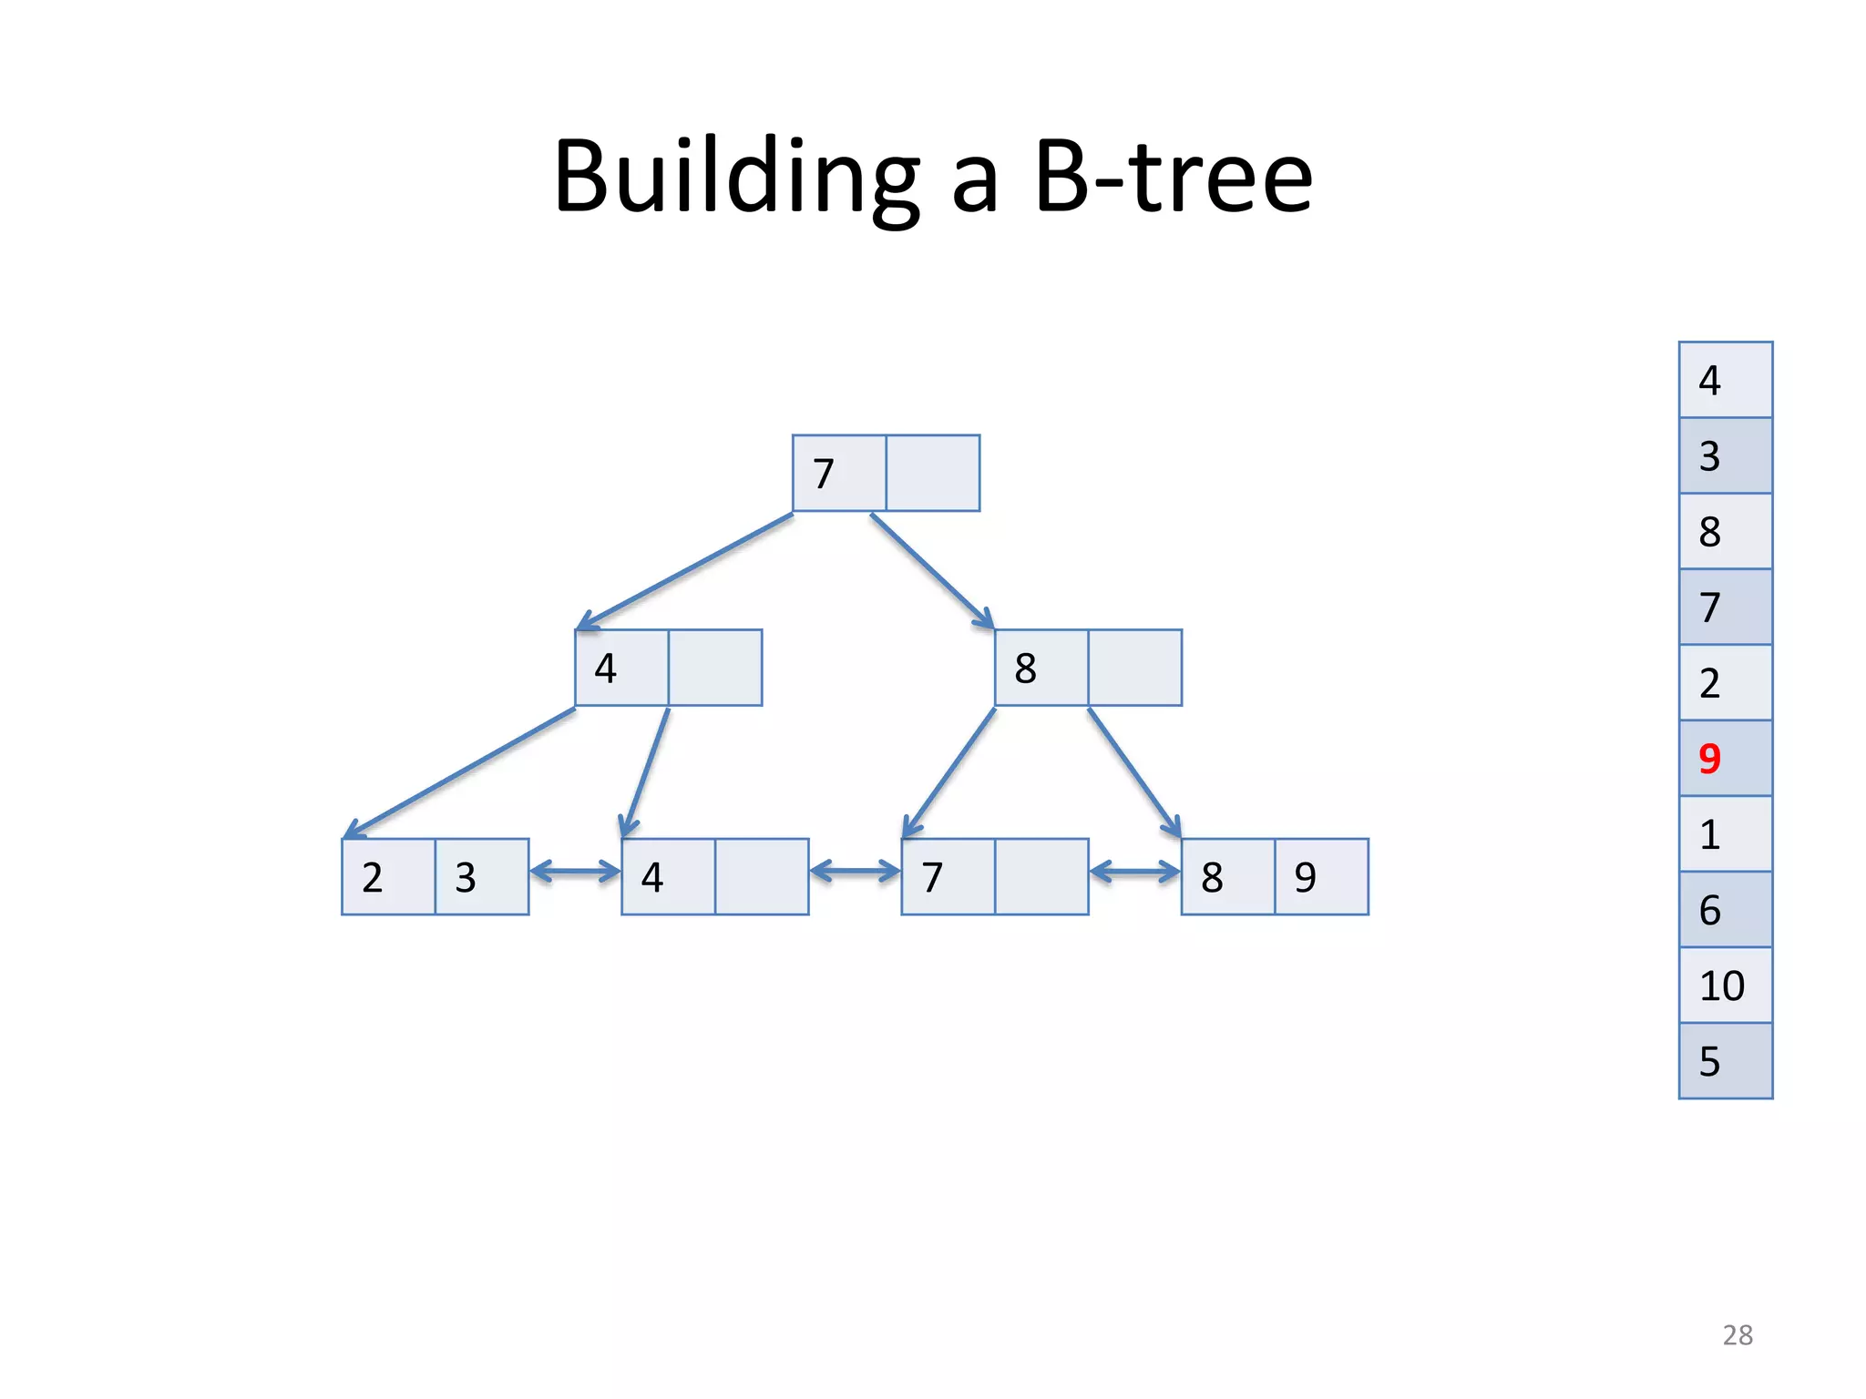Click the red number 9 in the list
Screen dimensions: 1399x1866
1709,759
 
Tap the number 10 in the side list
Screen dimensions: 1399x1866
1721,985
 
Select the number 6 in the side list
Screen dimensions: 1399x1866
1709,910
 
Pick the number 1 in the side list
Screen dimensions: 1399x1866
1709,834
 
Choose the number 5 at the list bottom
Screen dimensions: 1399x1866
1709,1061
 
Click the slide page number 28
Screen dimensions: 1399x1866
1738,1335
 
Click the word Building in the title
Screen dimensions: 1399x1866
736,177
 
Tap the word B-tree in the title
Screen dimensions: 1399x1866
1174,177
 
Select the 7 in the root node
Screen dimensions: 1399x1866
824,474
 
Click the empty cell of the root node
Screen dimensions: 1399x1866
933,474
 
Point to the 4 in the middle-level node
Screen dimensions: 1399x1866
606,669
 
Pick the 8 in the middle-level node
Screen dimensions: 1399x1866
1025,669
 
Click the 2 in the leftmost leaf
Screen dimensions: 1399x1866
372,877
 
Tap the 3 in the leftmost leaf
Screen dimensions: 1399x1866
466,877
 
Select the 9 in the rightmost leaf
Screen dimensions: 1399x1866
1305,877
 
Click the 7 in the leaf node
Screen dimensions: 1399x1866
932,877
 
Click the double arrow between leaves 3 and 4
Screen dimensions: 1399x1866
575,872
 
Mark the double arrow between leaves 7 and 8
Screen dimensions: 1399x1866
1134,872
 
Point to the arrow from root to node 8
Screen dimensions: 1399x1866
931,571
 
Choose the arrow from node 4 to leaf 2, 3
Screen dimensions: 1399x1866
460,772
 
